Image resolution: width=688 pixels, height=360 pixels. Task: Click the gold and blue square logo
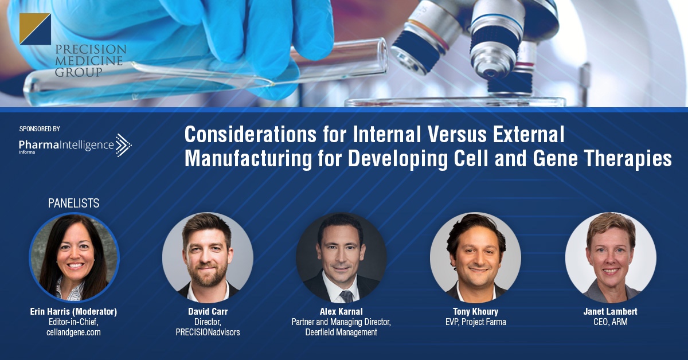point(35,29)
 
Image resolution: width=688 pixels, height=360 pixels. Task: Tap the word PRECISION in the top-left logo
point(91,49)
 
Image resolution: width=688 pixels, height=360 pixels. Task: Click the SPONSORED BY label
point(40,129)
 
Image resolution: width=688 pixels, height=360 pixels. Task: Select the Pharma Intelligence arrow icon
point(123,145)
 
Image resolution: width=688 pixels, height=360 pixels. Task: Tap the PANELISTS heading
point(74,203)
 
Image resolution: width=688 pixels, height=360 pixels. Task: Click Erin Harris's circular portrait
point(74,257)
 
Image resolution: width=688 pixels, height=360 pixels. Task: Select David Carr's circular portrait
point(208,257)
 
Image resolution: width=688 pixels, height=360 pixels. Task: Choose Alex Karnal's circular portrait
point(341,257)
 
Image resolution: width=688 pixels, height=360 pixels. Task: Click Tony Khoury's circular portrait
point(475,257)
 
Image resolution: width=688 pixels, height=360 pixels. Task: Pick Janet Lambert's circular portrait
point(611,257)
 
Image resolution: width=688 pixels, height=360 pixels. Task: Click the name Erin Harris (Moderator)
point(74,311)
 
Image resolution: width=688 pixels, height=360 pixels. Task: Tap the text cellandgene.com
point(74,332)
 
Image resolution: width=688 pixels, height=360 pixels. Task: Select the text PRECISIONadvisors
point(208,332)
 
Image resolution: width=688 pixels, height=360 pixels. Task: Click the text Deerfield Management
point(341,332)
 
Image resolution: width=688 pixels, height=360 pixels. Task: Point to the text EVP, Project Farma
point(476,322)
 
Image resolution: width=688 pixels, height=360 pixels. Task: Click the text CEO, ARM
point(611,322)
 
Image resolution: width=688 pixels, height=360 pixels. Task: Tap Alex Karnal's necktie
point(346,296)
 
